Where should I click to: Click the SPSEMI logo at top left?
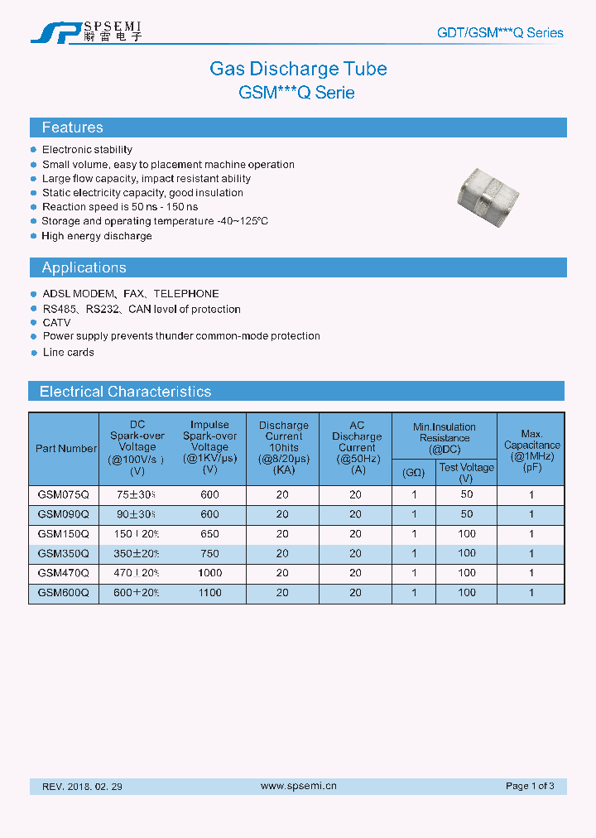pyautogui.click(x=86, y=31)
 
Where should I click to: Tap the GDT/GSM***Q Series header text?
pyautogui.click(x=500, y=33)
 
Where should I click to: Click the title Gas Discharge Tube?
pyautogui.click(x=298, y=69)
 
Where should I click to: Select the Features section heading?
pyautogui.click(x=73, y=128)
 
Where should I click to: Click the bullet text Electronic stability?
pyautogui.click(x=87, y=150)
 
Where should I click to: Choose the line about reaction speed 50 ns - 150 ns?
pyautogui.click(x=120, y=207)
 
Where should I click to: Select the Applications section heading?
pyautogui.click(x=84, y=267)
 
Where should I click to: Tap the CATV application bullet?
pyautogui.click(x=56, y=322)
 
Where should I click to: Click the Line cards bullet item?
pyautogui.click(x=69, y=352)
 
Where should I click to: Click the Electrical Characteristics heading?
pyautogui.click(x=125, y=392)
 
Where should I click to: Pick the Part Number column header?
pyautogui.click(x=65, y=449)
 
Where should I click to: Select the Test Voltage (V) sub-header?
pyautogui.click(x=467, y=472)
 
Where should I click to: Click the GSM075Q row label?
pyautogui.click(x=64, y=494)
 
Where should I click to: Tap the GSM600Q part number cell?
pyautogui.click(x=64, y=593)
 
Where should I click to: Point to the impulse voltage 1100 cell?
pyautogui.click(x=210, y=593)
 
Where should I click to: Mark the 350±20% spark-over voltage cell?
pyautogui.click(x=137, y=553)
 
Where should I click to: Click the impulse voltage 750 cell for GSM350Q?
pyautogui.click(x=210, y=553)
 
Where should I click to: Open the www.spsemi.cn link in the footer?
pyautogui.click(x=298, y=786)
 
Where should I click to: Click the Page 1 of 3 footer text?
pyautogui.click(x=530, y=786)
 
